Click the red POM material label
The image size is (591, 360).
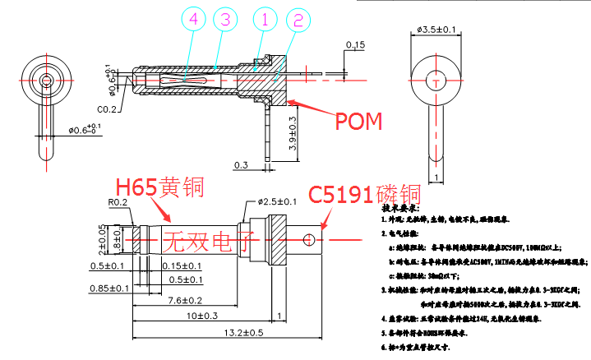click(358, 122)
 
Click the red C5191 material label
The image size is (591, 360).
click(364, 195)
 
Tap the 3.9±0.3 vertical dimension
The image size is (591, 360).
click(293, 132)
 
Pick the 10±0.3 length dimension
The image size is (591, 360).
click(201, 316)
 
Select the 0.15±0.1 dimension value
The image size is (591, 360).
click(180, 265)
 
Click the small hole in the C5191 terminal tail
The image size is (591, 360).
click(309, 239)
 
